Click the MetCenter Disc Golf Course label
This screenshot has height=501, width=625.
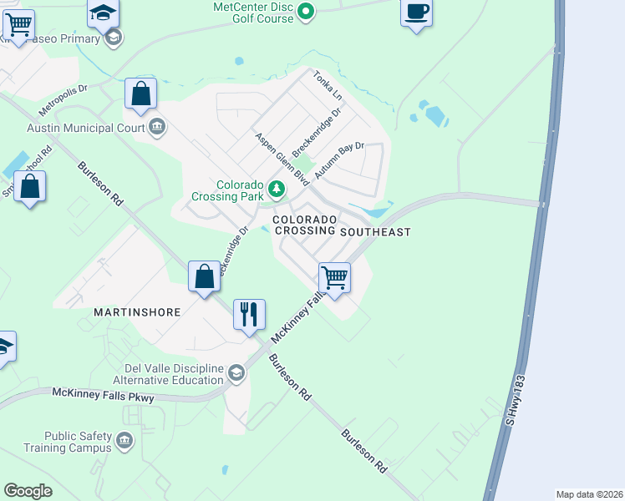tap(252, 13)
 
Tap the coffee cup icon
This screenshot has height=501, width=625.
tap(416, 13)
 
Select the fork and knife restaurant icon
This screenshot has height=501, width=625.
tap(249, 315)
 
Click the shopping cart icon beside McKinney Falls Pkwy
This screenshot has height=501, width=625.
tap(334, 276)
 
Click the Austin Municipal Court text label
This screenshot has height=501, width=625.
tap(85, 129)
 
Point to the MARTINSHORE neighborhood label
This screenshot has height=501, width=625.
tap(136, 312)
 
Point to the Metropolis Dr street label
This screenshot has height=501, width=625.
tap(62, 100)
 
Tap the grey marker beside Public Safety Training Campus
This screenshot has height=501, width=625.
tap(124, 439)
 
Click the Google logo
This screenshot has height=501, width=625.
tap(28, 491)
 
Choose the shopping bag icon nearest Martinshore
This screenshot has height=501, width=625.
tap(205, 276)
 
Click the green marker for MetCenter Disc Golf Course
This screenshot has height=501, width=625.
tap(306, 11)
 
